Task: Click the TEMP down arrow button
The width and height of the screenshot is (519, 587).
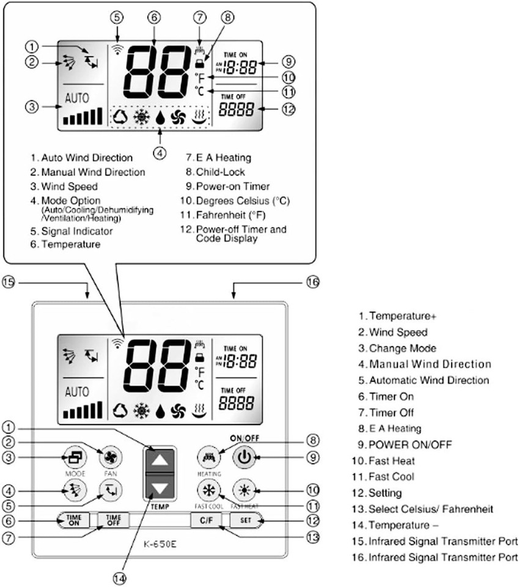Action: (x=159, y=489)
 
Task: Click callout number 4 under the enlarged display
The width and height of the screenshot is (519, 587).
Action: (x=160, y=153)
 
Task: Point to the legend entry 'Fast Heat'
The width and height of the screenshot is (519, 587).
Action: (x=391, y=460)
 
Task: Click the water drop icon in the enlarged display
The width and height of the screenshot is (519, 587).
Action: (x=160, y=117)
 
